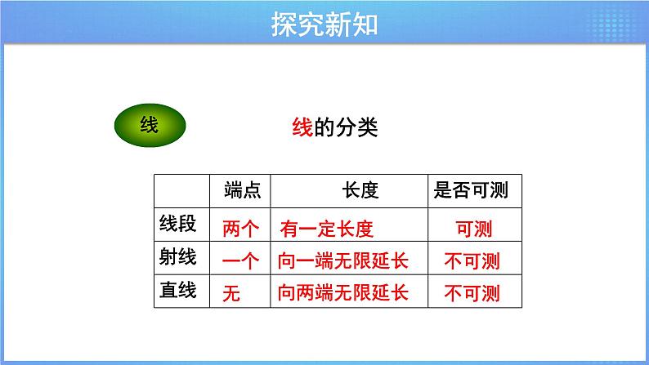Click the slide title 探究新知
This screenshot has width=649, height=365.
coord(324,24)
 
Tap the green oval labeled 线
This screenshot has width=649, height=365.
coord(149,126)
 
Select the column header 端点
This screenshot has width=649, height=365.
coord(242,191)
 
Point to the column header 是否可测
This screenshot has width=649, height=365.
coord(471,191)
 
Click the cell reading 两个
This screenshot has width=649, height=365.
coord(240,229)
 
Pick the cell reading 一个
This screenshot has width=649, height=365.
coord(240,261)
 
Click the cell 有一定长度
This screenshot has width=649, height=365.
coord(326,229)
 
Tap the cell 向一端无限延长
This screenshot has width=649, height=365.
coord(343,261)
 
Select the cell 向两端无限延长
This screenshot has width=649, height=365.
coord(343,292)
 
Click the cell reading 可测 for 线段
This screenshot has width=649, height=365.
coord(471,229)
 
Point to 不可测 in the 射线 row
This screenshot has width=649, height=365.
coord(471,261)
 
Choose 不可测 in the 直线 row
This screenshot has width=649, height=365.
coord(471,292)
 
